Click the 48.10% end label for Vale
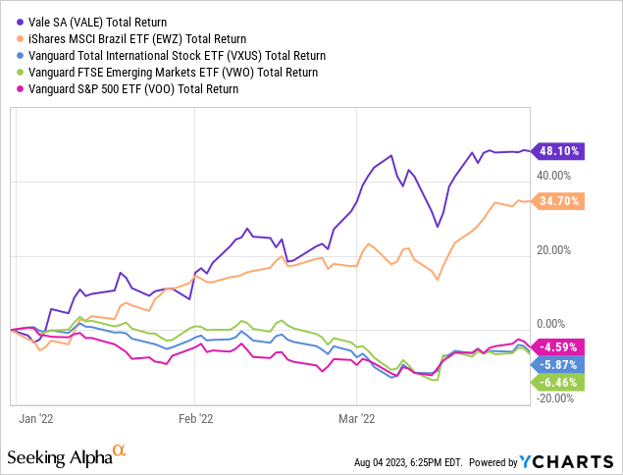coord(558,151)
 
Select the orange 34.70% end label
coord(558,200)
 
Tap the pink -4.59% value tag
coord(558,345)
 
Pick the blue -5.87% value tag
coord(558,363)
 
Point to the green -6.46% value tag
coord(558,382)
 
